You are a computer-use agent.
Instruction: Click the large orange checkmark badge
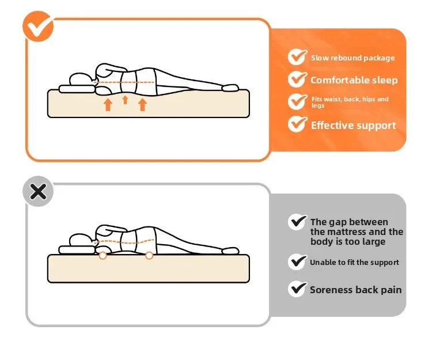(38, 26)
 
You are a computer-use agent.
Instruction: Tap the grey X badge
(38, 191)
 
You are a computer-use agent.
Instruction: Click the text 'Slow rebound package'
(353, 58)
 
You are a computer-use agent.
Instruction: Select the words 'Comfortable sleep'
(354, 81)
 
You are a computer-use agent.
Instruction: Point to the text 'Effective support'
(353, 126)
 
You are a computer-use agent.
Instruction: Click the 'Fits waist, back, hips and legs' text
(350, 102)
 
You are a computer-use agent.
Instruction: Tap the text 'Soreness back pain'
(355, 290)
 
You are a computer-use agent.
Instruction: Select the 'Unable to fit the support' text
(354, 263)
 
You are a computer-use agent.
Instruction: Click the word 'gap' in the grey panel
(338, 222)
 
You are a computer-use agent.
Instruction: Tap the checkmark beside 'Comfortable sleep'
(297, 79)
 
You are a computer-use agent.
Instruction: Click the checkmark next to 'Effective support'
(297, 124)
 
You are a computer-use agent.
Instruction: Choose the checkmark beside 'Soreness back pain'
(297, 288)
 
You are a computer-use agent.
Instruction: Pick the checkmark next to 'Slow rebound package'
(297, 56)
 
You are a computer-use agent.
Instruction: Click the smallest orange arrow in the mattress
(125, 100)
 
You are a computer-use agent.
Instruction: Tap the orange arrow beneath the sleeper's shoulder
(108, 104)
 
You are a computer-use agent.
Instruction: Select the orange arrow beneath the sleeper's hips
(142, 104)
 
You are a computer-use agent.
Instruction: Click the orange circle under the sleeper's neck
(103, 255)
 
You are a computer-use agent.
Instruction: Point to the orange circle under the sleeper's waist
(149, 255)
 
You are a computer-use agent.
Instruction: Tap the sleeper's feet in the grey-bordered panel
(229, 251)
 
